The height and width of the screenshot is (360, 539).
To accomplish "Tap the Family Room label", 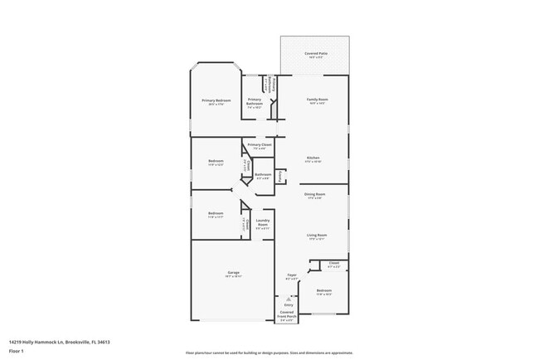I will [x=315, y=100].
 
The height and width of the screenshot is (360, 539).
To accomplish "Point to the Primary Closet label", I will [x=260, y=145].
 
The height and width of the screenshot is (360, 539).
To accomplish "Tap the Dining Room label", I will [x=314, y=195].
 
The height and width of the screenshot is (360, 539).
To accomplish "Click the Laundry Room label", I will [x=263, y=222].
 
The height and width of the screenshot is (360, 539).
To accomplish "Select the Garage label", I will [x=233, y=274].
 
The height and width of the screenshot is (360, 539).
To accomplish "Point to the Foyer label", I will [x=292, y=275].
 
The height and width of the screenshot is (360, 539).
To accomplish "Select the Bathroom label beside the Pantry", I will [x=264, y=174].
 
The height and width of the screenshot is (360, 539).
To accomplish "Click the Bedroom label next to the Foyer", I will [x=323, y=290].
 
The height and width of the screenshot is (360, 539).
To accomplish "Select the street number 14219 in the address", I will [x=16, y=341].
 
